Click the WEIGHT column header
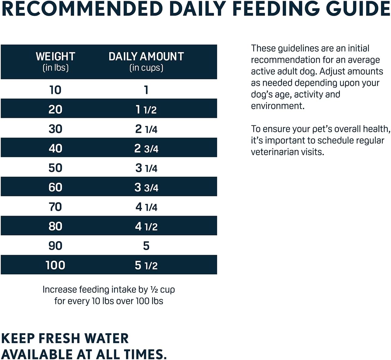pos(55,57)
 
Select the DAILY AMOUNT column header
pos(146,57)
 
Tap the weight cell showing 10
pos(55,90)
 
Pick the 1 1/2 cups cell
pos(146,109)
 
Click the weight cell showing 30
pos(55,129)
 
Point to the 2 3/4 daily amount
pos(146,149)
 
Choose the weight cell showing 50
pos(55,168)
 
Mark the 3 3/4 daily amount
pos(146,187)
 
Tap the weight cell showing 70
pos(55,207)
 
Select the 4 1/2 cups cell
pos(146,226)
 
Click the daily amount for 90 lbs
pos(146,246)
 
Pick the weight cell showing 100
pos(55,265)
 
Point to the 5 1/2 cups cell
pos(146,265)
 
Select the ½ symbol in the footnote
pos(154,290)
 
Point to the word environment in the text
pos(277,106)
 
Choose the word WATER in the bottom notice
pos(106,338)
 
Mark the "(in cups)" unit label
pos(146,68)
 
